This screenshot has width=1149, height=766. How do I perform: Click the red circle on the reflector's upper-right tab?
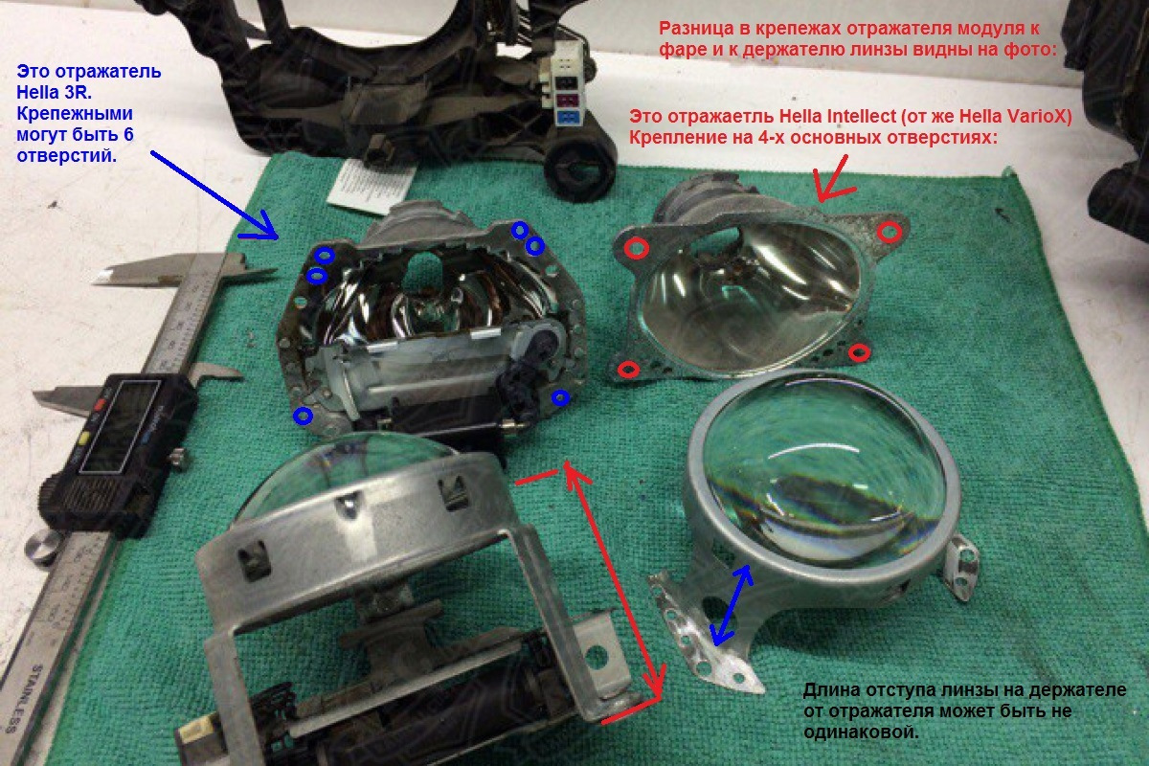[x=889, y=232]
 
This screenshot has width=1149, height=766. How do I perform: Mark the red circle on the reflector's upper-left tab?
[x=636, y=248]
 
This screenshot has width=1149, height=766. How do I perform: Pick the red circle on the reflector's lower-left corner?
[x=628, y=369]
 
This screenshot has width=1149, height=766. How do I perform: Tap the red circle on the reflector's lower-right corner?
[x=859, y=352]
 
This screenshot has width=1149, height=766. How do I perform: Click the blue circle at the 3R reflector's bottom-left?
[x=304, y=416]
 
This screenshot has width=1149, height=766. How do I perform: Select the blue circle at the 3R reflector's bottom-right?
[x=560, y=397]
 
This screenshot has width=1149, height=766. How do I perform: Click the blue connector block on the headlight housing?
[x=568, y=118]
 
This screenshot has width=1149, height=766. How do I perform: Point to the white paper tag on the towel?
[x=371, y=186]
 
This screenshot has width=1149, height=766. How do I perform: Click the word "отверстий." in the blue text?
[x=67, y=155]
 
